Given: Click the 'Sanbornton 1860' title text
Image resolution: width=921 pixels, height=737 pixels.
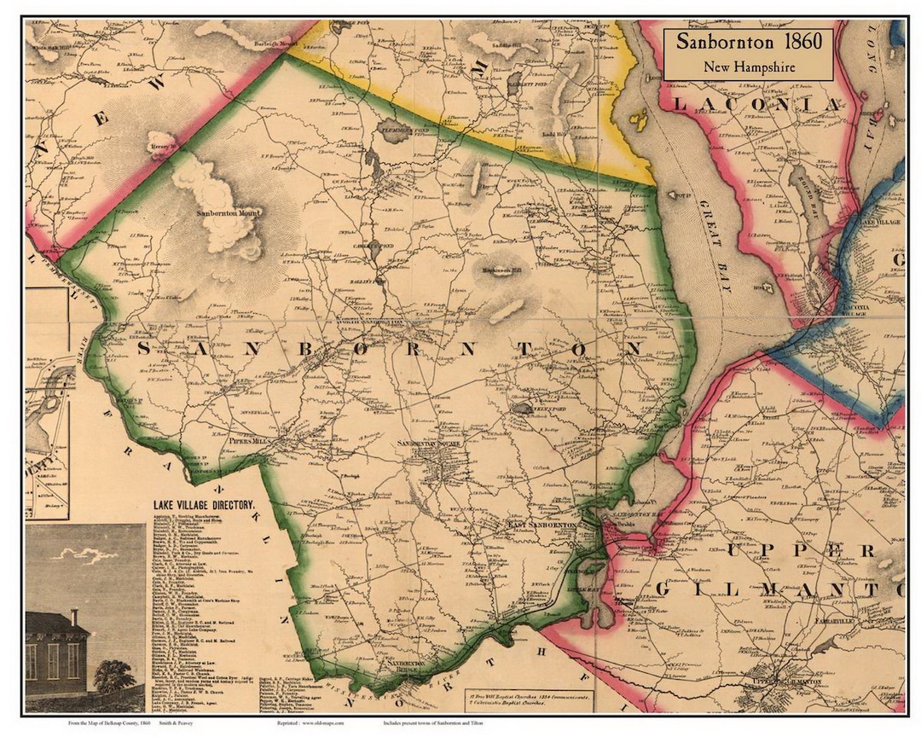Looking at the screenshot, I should point(748,42).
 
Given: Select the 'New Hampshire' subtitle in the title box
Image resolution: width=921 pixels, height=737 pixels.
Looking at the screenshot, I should point(748,67).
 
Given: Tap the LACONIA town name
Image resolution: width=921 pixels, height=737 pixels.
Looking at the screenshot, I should point(756,104).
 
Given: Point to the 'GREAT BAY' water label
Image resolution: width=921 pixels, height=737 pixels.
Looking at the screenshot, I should point(711,247).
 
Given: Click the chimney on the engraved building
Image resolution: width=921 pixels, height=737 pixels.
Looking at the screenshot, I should point(74,617).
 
